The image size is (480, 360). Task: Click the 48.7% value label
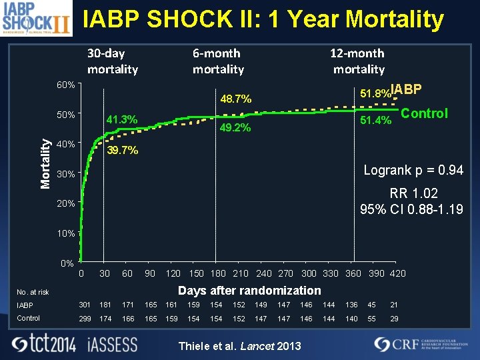(x=235, y=99)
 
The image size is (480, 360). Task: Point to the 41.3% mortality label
(x=122, y=120)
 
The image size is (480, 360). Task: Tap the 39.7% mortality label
(x=122, y=151)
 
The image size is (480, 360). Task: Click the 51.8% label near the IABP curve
(x=375, y=93)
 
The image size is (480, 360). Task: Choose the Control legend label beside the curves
(x=424, y=113)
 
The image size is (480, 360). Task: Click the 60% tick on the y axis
(x=65, y=85)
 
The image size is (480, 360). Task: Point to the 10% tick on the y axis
(x=65, y=234)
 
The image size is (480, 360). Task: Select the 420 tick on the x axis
(x=397, y=273)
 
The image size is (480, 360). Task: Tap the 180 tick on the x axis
(x=218, y=273)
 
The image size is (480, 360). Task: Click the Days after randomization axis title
(x=249, y=291)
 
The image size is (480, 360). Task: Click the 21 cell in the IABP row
(x=394, y=305)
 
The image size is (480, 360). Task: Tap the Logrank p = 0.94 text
(x=413, y=171)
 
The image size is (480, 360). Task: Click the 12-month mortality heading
(x=358, y=61)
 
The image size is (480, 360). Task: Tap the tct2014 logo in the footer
(x=45, y=344)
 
